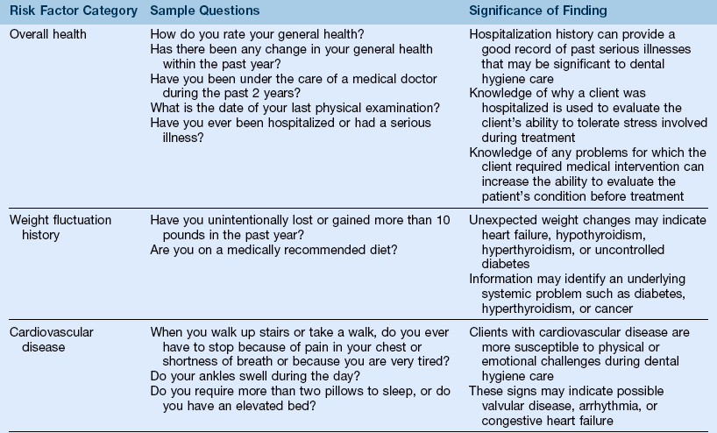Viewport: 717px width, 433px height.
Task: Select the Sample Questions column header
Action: [204, 11]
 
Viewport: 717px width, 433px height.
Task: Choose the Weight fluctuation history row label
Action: [60, 227]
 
